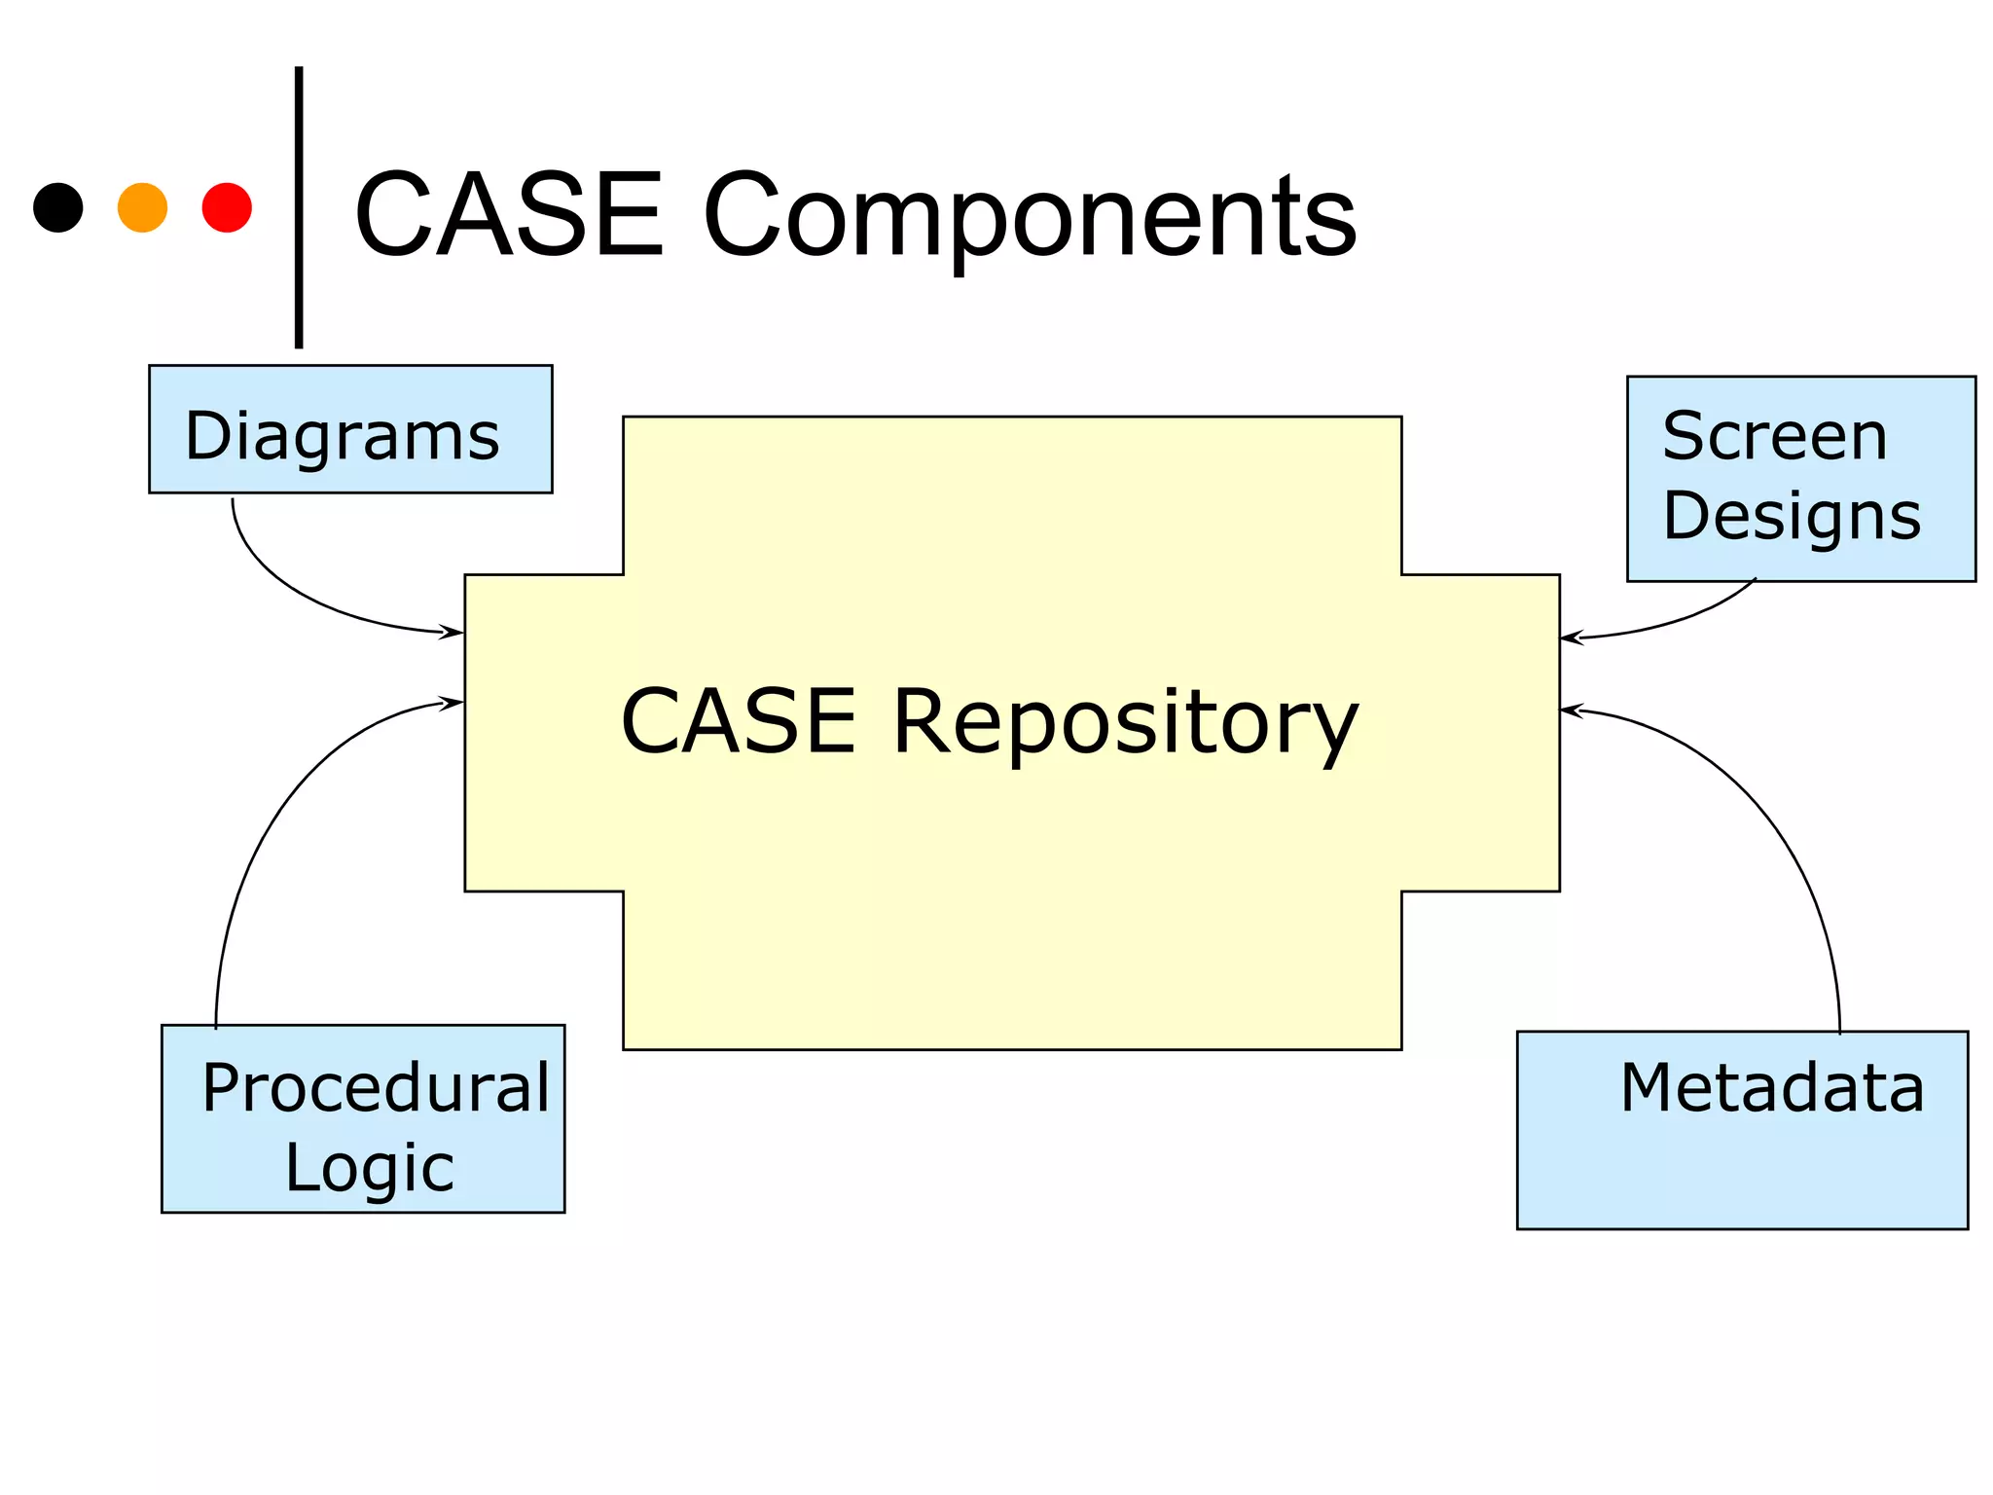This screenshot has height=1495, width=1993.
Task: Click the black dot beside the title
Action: (x=58, y=207)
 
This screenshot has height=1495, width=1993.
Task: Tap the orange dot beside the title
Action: (x=142, y=207)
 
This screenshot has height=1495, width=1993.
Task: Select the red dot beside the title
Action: (x=227, y=207)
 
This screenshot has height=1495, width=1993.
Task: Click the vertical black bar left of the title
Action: (x=299, y=206)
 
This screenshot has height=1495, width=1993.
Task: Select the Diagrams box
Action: (x=350, y=429)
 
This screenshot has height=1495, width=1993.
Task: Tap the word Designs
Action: (x=1792, y=515)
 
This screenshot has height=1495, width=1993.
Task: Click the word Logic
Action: (x=369, y=1167)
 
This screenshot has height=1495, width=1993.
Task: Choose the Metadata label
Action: (x=1772, y=1087)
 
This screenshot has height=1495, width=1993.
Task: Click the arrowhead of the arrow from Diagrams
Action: (x=453, y=633)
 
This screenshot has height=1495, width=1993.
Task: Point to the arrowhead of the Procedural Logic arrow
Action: (x=453, y=702)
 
